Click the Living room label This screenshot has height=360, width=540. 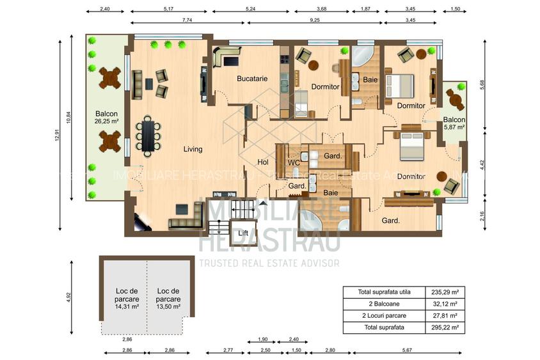pos(193,149)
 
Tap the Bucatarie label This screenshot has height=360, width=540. pos(251,79)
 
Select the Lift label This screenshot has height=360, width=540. pos(242,233)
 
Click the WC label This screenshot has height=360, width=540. pos(294,163)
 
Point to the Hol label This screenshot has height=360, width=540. pos(262,162)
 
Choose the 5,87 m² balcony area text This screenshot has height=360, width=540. pos(454,127)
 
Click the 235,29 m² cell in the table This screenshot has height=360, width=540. pos(446,292)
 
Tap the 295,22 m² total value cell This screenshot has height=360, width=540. pos(446,327)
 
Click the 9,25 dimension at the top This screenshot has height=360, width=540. pos(314,21)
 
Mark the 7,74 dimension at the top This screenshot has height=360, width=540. pos(187,21)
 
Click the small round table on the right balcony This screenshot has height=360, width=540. pos(454,97)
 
